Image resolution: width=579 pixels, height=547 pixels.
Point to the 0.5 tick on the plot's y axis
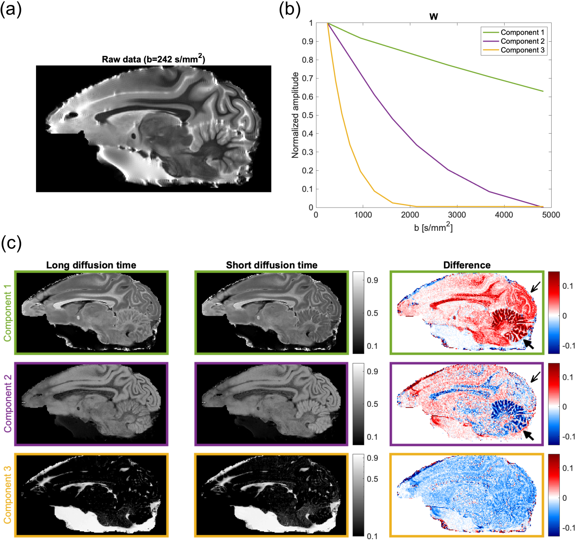pyautogui.click(x=307, y=115)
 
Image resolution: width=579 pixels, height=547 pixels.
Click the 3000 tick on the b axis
pyautogui.click(x=457, y=215)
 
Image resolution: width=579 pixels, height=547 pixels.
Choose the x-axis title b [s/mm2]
pyautogui.click(x=433, y=227)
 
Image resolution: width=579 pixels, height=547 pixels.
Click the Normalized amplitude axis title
pyautogui.click(x=295, y=115)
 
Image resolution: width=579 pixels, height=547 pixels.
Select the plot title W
pyautogui.click(x=433, y=16)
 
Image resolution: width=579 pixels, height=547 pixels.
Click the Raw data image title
pyautogui.click(x=153, y=59)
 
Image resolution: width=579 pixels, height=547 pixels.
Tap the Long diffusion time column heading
pyautogui.click(x=91, y=265)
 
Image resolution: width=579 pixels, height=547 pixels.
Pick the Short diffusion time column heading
pyautogui.click(x=272, y=265)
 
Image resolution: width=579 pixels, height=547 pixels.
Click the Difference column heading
pyautogui.click(x=467, y=265)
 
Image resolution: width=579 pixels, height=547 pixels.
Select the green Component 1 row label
pyautogui.click(x=7, y=313)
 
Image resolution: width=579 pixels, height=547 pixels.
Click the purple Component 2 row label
pyautogui.click(x=7, y=404)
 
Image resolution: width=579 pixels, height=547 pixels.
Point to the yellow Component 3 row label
pyautogui.click(x=7, y=494)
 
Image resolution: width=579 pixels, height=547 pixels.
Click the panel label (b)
pyautogui.click(x=289, y=9)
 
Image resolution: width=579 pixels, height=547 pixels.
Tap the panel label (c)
pyautogui.click(x=11, y=243)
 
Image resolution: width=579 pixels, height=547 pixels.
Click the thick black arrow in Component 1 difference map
pyautogui.click(x=529, y=344)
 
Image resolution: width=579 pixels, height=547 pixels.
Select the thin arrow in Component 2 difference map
pyautogui.click(x=535, y=377)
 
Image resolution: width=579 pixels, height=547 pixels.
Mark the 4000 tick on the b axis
pyautogui.click(x=504, y=215)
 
